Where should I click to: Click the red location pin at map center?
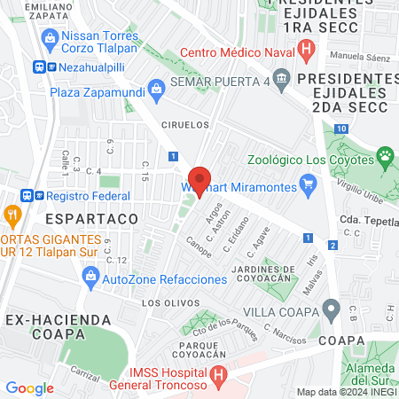pyautogui.click(x=199, y=181)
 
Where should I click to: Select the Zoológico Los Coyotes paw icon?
pyautogui.click(x=386, y=160)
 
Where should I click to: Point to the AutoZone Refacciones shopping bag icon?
pyautogui.click(x=90, y=278)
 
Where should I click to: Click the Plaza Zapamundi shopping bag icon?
pyautogui.click(x=157, y=89)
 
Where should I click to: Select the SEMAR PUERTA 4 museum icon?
pyautogui.click(x=281, y=82)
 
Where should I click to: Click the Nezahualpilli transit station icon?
pyautogui.click(x=39, y=66)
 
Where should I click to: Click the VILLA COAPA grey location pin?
pyautogui.click(x=332, y=309)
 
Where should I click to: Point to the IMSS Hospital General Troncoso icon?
pyautogui.click(x=219, y=376)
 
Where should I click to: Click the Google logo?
pyautogui.click(x=29, y=387)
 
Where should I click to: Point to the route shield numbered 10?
pyautogui.click(x=341, y=129)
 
